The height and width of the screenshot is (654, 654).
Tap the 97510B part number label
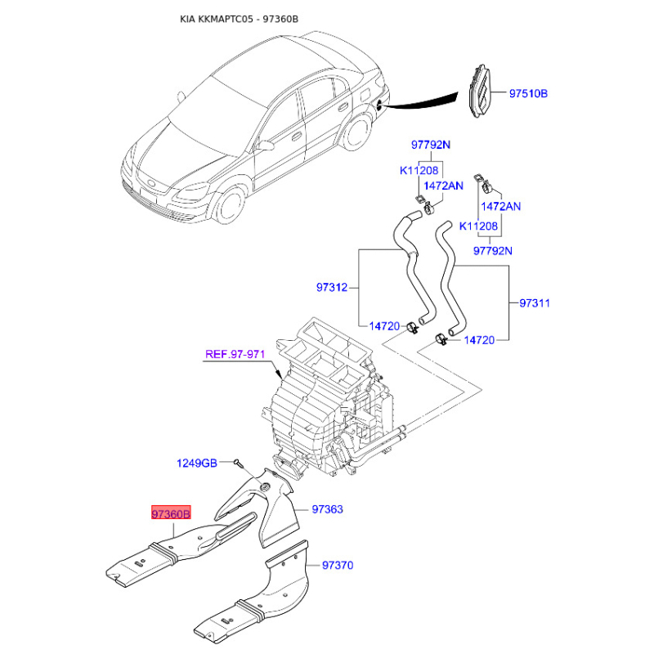pyautogui.click(x=528, y=94)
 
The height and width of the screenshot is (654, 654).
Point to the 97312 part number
pyautogui.click(x=333, y=288)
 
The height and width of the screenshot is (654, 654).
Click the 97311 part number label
pyautogui.click(x=535, y=303)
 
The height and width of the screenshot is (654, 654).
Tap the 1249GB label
pyautogui.click(x=197, y=464)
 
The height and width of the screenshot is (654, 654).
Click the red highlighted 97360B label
pyautogui.click(x=170, y=513)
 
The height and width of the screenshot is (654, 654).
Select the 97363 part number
pyautogui.click(x=327, y=509)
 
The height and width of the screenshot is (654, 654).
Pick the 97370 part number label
pyautogui.click(x=338, y=565)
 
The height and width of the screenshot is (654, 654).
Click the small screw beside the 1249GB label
pyautogui.click(x=236, y=464)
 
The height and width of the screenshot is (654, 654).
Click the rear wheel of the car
pyautogui.click(x=357, y=132)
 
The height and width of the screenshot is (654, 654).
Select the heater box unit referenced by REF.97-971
pyautogui.click(x=327, y=401)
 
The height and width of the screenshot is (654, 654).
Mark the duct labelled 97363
pyautogui.click(x=270, y=507)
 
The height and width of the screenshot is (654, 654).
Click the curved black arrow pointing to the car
pyautogui.click(x=425, y=102)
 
